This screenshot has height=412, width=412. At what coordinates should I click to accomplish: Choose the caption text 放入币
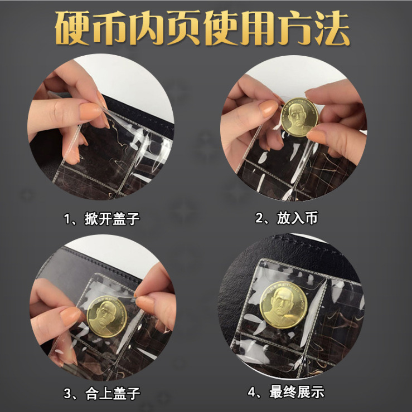[x=297, y=218]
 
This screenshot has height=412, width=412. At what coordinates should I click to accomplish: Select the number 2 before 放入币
[x=259, y=218]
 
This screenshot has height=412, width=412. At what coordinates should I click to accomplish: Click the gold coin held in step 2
[x=299, y=118]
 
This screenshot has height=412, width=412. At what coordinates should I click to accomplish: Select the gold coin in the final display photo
[x=284, y=305]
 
